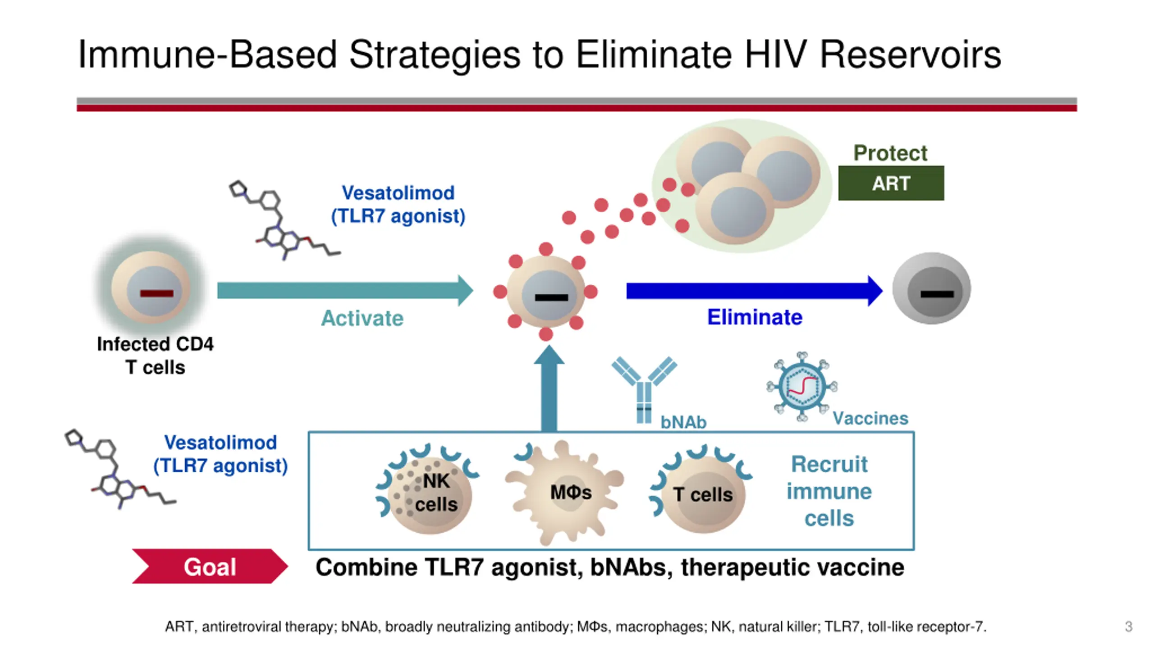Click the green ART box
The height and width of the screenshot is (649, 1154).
click(x=891, y=183)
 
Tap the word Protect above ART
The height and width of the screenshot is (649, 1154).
click(x=890, y=153)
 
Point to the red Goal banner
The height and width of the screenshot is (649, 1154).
click(x=210, y=566)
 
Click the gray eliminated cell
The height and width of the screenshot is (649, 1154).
click(x=932, y=289)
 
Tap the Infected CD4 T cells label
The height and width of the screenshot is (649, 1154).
click(x=155, y=356)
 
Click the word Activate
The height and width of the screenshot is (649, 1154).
click(x=362, y=318)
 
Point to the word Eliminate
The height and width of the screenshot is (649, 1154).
click(x=755, y=317)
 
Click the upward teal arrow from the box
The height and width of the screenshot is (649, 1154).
click(x=549, y=390)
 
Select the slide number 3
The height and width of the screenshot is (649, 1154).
click(x=1128, y=626)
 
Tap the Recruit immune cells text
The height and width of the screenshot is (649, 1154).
click(x=829, y=491)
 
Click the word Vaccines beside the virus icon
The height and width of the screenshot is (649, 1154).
click(x=870, y=418)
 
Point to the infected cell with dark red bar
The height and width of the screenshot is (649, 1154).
click(x=151, y=289)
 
